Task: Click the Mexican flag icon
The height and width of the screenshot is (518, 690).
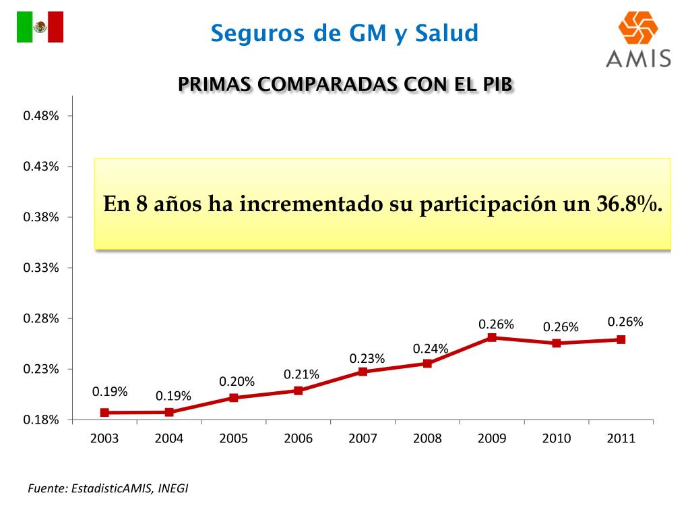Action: pos(40,27)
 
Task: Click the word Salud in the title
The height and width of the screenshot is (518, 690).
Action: pos(447,32)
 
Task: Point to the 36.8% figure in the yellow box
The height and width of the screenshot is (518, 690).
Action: pos(629,204)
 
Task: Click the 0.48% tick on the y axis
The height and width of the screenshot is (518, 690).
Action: pos(41,116)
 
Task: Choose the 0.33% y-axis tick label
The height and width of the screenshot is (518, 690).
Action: pos(41,268)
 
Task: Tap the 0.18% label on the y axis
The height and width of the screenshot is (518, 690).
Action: pos(41,420)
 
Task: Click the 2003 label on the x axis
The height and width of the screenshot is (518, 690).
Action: pos(104,438)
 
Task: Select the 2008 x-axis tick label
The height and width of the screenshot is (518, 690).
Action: pos(427,438)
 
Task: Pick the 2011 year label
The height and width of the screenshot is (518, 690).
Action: pos(621,438)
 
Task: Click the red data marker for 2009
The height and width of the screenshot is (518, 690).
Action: pos(492,337)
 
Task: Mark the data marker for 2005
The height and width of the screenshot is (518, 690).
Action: pos(234,397)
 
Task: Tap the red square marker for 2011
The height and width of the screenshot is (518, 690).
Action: pos(621,339)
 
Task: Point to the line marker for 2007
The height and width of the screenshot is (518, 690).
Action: pos(363,372)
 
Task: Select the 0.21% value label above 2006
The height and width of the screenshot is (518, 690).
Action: pos(301,374)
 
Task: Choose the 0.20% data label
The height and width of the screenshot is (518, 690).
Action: pos(237,382)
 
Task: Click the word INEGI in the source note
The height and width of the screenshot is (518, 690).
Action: pos(173,488)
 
